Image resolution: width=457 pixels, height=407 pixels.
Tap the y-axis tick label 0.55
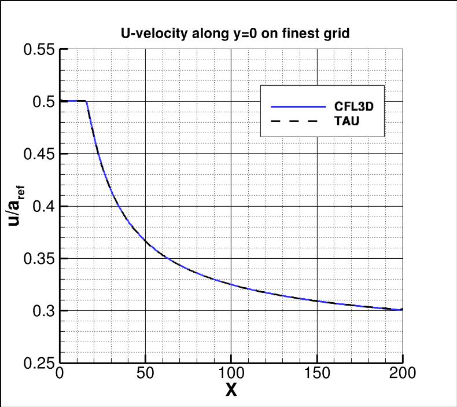click(x=39, y=50)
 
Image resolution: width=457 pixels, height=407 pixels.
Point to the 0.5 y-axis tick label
click(x=43, y=102)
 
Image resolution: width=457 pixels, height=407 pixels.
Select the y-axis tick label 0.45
click(x=39, y=154)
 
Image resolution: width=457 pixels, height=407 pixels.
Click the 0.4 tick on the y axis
click(x=43, y=206)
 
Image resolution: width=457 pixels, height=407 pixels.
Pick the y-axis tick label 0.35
click(x=39, y=258)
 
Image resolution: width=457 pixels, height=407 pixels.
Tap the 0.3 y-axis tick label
click(x=43, y=311)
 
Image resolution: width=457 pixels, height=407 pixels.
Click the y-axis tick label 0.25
click(x=39, y=364)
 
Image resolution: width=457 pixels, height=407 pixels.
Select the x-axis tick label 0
click(x=60, y=373)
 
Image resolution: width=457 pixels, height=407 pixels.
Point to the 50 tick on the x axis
click(x=145, y=373)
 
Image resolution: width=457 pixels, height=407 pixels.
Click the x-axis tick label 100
click(x=231, y=373)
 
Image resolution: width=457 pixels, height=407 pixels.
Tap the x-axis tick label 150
click(x=317, y=373)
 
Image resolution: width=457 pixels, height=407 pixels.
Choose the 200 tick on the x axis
click(x=403, y=373)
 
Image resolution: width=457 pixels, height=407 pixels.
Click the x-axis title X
click(x=231, y=391)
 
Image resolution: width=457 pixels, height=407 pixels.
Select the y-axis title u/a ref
click(x=17, y=206)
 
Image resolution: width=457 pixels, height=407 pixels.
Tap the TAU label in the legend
click(x=345, y=121)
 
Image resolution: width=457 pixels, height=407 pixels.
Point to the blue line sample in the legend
click(x=299, y=107)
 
